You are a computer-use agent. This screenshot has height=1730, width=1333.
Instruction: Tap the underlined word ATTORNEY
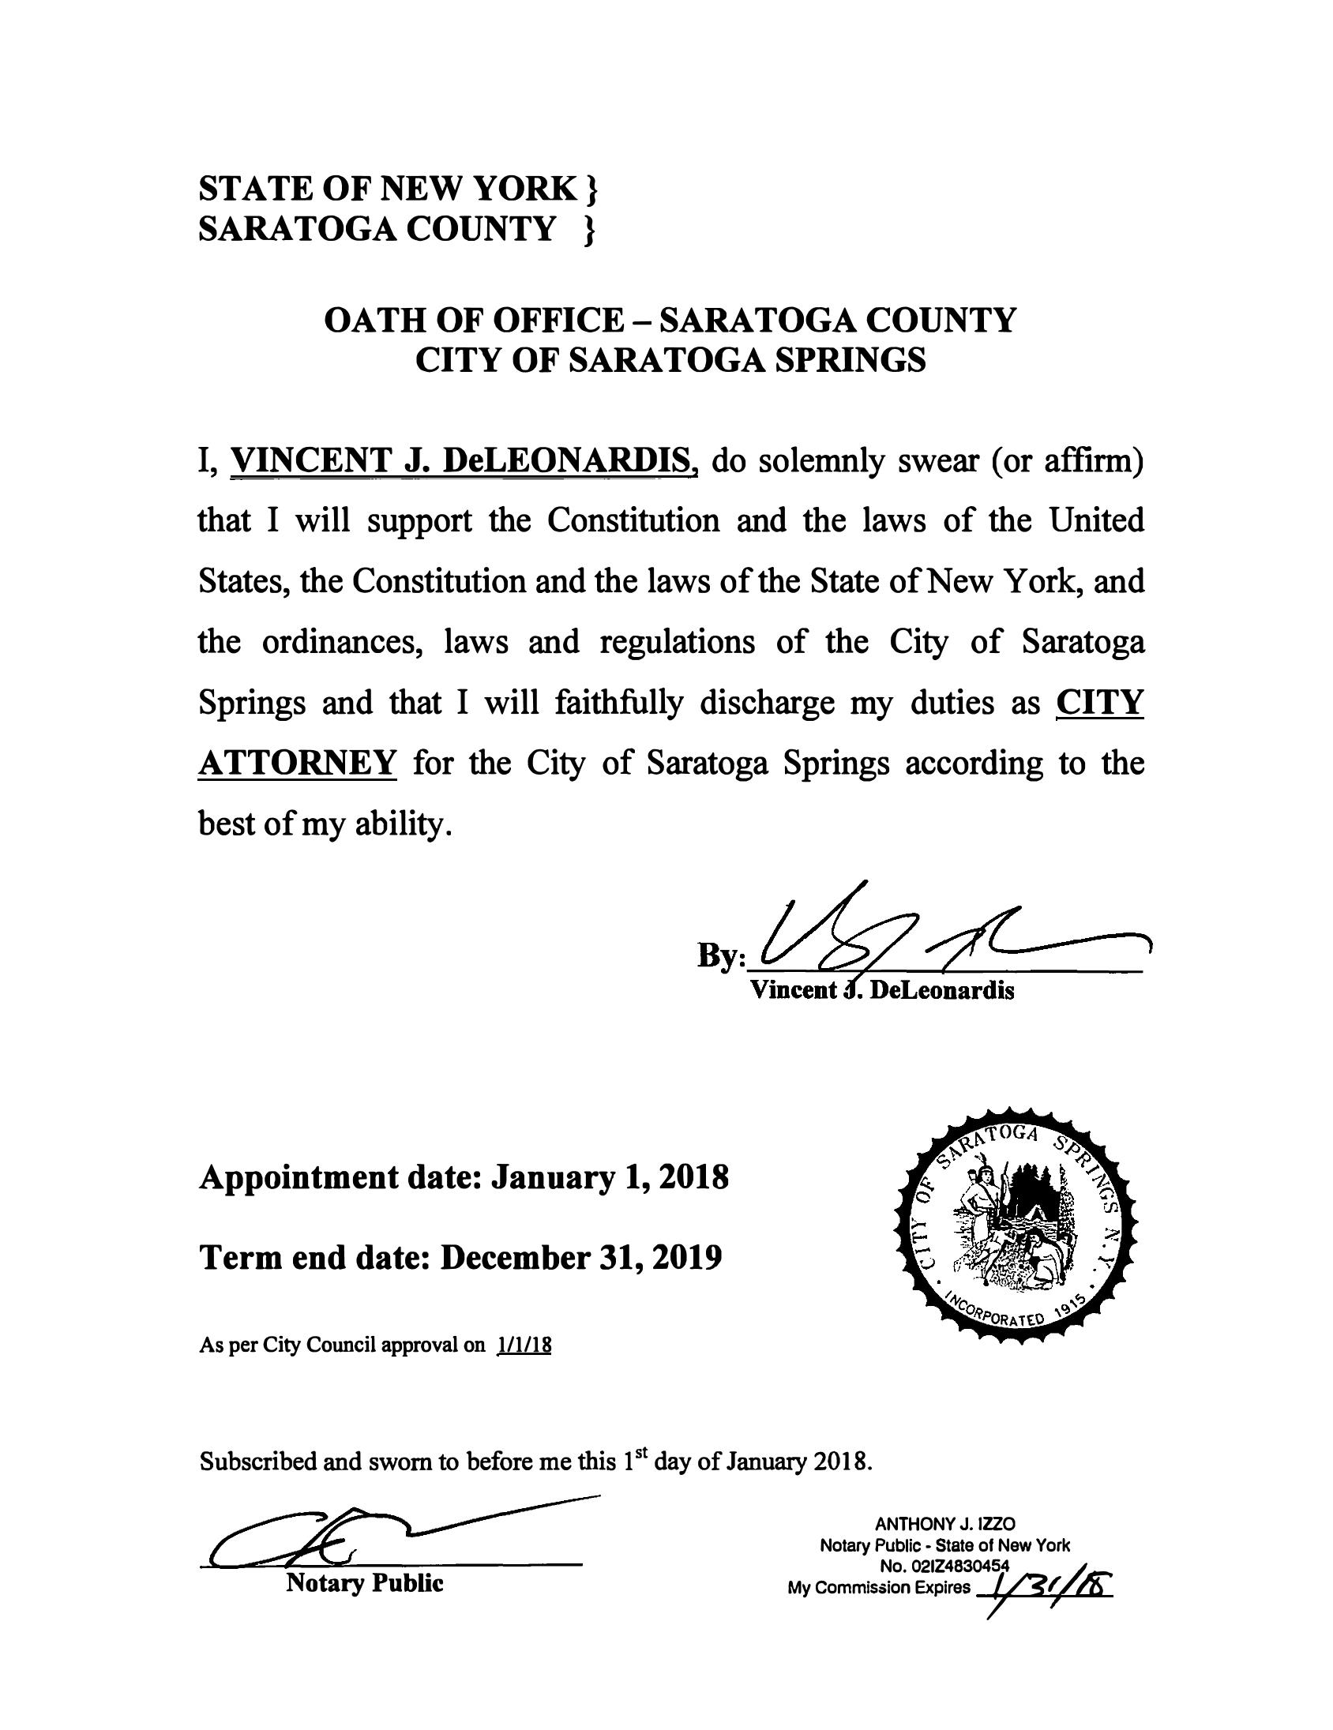tap(296, 764)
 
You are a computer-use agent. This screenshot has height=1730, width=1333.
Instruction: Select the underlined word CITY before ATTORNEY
tap(1100, 703)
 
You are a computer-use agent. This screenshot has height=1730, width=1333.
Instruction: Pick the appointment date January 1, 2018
tap(609, 1178)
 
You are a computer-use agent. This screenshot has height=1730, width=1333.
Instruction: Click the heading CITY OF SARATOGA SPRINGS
tap(670, 361)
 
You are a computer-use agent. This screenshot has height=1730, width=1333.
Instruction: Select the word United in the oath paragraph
tap(1096, 521)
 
